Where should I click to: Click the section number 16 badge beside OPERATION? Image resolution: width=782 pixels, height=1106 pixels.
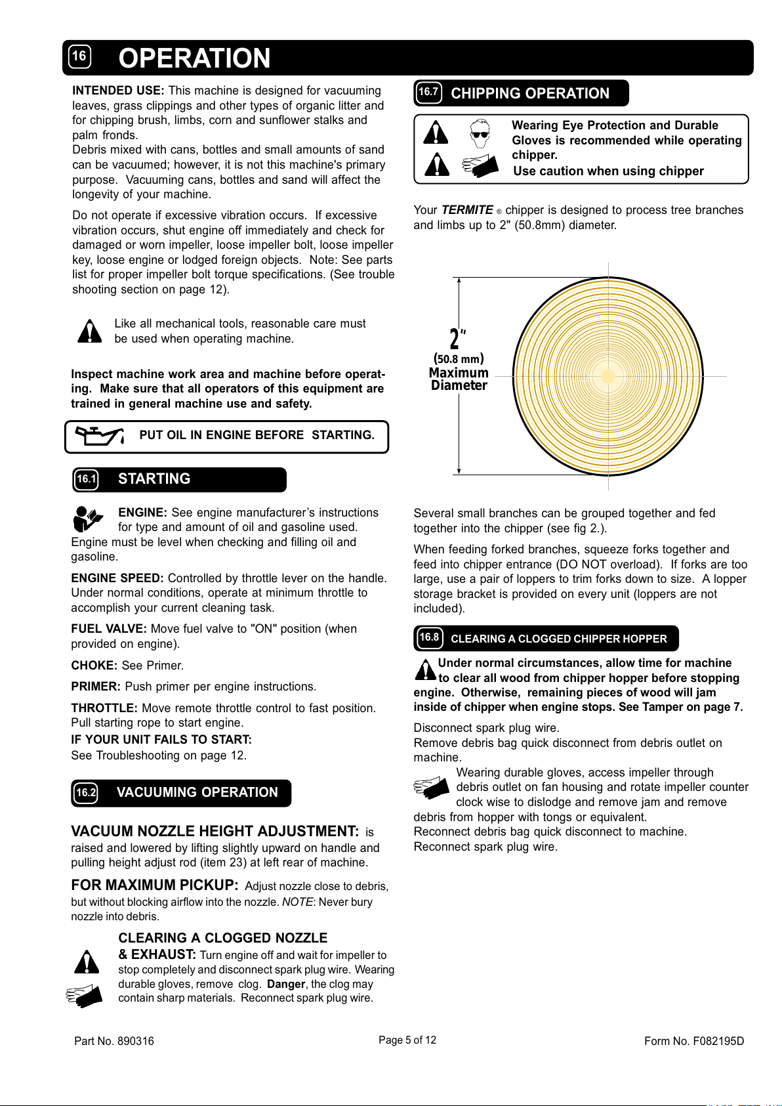click(x=79, y=57)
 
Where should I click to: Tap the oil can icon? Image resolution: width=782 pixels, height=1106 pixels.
click(x=99, y=435)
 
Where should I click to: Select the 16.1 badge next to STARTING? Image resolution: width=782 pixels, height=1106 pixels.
click(x=86, y=480)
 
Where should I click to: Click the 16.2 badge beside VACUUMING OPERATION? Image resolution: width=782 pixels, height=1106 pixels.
click(x=86, y=793)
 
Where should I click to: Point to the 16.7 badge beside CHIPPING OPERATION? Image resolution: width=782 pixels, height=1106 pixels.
click(x=428, y=93)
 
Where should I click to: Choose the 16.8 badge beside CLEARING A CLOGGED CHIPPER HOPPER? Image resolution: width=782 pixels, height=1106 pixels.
click(x=429, y=638)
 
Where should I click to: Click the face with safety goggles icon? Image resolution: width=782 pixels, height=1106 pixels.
click(x=480, y=133)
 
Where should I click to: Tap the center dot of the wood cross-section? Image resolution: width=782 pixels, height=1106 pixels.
click(x=608, y=376)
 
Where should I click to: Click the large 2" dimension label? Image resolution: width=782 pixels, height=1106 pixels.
click(x=458, y=339)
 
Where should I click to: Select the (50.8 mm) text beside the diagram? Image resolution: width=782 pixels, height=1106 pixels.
click(x=459, y=359)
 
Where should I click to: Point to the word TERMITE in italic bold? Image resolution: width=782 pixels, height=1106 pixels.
click(x=467, y=210)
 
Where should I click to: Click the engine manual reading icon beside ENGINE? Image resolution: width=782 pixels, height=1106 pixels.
click(x=88, y=519)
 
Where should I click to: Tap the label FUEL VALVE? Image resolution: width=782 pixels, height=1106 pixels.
click(x=109, y=629)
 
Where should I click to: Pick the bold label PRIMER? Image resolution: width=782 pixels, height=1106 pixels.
click(x=96, y=687)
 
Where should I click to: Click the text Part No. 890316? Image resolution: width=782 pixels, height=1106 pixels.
click(x=114, y=1041)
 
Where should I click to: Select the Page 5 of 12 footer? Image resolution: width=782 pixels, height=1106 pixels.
click(x=407, y=1040)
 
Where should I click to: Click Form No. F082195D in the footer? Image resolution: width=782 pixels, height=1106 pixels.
click(x=694, y=1041)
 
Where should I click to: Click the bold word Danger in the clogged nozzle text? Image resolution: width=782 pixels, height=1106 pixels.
click(x=286, y=984)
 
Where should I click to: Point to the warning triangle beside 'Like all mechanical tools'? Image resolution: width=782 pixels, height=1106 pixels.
click(x=89, y=331)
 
